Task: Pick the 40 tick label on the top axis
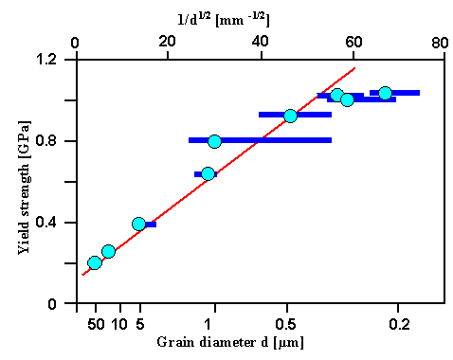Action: pos(261,42)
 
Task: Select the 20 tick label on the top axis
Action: pos(168,42)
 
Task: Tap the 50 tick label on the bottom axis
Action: pos(94,324)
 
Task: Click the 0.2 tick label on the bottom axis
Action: pos(399,324)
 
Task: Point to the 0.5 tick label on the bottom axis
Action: pos(289,324)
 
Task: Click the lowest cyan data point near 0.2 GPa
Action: pos(94,262)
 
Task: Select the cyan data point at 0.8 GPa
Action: pos(214,141)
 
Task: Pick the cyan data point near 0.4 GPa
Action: pos(139,224)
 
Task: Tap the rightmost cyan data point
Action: pos(385,93)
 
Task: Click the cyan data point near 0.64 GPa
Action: pos(208,173)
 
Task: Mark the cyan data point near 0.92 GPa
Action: pos(290,116)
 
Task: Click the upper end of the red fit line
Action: pos(355,67)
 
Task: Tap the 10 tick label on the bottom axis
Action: pos(118,324)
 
